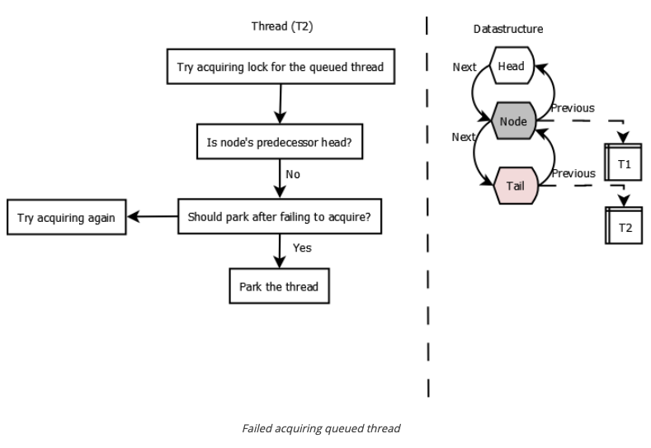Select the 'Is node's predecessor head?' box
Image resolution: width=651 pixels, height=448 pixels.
(x=280, y=142)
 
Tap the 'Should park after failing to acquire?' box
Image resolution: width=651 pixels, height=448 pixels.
(x=280, y=217)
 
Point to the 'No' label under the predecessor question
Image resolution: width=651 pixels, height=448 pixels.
(x=292, y=176)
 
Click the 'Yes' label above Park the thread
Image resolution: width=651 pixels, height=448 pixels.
(x=302, y=247)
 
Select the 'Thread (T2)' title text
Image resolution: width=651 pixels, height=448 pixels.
(x=281, y=26)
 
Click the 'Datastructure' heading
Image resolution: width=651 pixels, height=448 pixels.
(x=508, y=30)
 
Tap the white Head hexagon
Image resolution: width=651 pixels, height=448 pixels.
(x=512, y=67)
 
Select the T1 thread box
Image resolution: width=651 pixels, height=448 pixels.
(x=624, y=164)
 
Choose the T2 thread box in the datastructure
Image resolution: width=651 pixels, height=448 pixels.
(x=624, y=226)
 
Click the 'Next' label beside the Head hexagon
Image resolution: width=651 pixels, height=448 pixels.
(x=465, y=67)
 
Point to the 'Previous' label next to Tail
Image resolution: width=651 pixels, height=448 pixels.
(x=573, y=173)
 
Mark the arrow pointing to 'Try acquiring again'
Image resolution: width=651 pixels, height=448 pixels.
(x=153, y=218)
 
